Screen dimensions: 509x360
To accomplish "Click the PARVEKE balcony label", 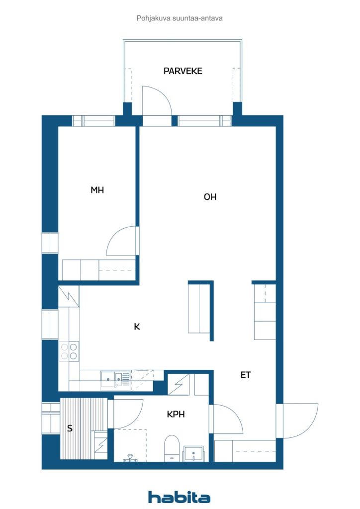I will (x=182, y=71).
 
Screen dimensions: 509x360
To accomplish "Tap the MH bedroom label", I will (x=97, y=190).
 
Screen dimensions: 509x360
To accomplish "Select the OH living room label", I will (x=210, y=197).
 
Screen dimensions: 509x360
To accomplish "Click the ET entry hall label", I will (x=246, y=375).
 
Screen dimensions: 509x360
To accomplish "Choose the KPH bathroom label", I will (x=176, y=414).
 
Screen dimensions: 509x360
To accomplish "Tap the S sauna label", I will (x=70, y=428).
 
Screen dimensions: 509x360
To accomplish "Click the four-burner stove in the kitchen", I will (x=69, y=351).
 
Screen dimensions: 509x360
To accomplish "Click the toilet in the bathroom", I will (x=172, y=447).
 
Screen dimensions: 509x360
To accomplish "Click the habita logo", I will (x=179, y=497).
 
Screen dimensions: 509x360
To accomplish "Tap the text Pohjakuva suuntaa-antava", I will (x=180, y=18).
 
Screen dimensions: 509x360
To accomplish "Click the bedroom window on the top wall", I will (x=93, y=121).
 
